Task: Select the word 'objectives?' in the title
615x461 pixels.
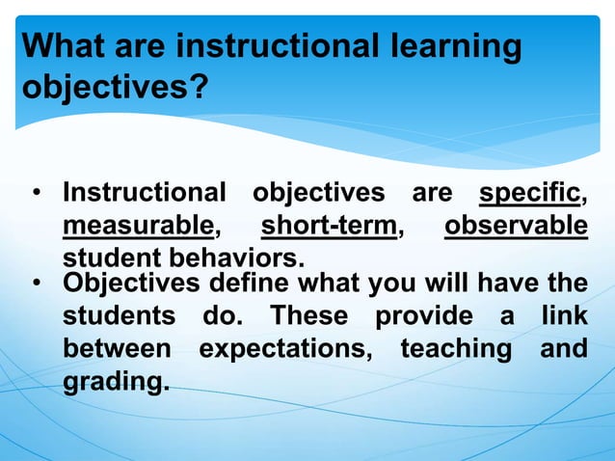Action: (x=113, y=90)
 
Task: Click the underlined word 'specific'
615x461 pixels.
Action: (x=530, y=194)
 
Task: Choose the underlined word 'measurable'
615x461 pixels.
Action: (x=138, y=227)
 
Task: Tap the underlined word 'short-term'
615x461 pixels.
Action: (x=329, y=227)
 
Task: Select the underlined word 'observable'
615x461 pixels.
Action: (x=516, y=227)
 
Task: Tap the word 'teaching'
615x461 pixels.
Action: (x=456, y=348)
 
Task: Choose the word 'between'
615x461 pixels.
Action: (x=117, y=347)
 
